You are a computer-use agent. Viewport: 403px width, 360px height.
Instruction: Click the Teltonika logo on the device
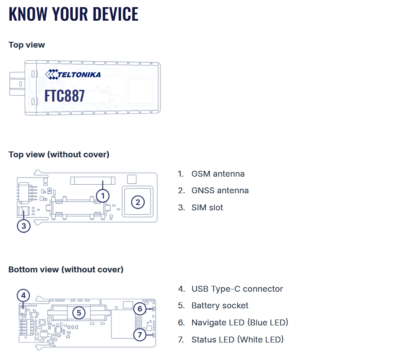point(73,74)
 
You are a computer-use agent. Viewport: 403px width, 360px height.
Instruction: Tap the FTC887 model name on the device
point(65,96)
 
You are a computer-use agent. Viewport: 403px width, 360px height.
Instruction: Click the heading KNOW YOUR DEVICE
point(74,14)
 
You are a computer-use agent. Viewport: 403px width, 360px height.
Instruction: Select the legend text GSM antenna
point(218,174)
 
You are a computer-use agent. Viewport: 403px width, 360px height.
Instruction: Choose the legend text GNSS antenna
point(220,191)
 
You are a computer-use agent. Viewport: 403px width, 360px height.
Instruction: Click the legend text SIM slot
point(207,208)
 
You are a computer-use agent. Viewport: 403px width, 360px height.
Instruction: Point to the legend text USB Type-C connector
point(237,289)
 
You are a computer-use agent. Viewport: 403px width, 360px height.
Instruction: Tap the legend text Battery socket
point(220,306)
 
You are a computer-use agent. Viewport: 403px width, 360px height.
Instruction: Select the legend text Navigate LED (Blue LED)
point(240,322)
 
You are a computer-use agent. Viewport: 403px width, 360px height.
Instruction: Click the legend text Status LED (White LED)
point(238,339)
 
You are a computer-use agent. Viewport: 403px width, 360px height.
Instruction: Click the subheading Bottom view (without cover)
point(66,270)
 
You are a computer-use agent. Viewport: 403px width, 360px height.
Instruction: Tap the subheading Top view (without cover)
point(59,155)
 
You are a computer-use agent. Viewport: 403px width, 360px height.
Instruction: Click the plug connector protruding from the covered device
point(17,84)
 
